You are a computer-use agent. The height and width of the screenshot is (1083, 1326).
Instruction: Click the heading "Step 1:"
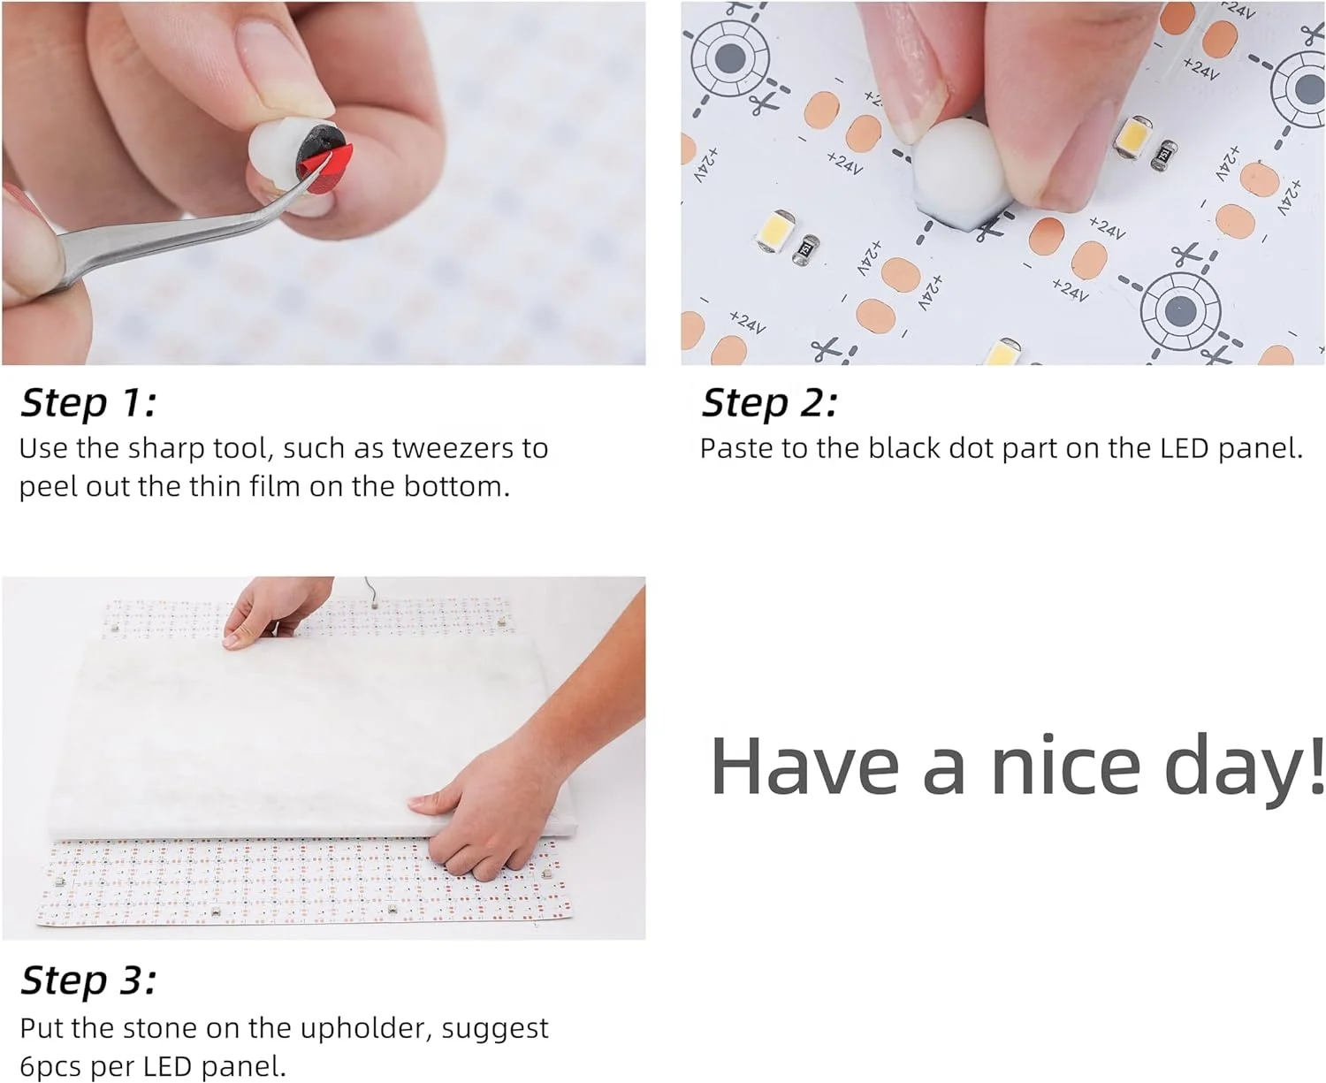pyautogui.click(x=88, y=403)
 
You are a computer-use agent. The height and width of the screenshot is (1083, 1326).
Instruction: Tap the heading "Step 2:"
pyautogui.click(x=769, y=403)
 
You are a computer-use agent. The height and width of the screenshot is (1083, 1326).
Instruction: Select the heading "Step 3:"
pyautogui.click(x=88, y=980)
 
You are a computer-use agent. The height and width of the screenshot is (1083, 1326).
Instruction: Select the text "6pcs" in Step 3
pyautogui.click(x=51, y=1066)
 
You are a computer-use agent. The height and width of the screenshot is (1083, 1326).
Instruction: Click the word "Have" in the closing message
pyautogui.click(x=804, y=766)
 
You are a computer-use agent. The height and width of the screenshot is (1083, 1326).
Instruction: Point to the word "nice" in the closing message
pyautogui.click(x=1065, y=766)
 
